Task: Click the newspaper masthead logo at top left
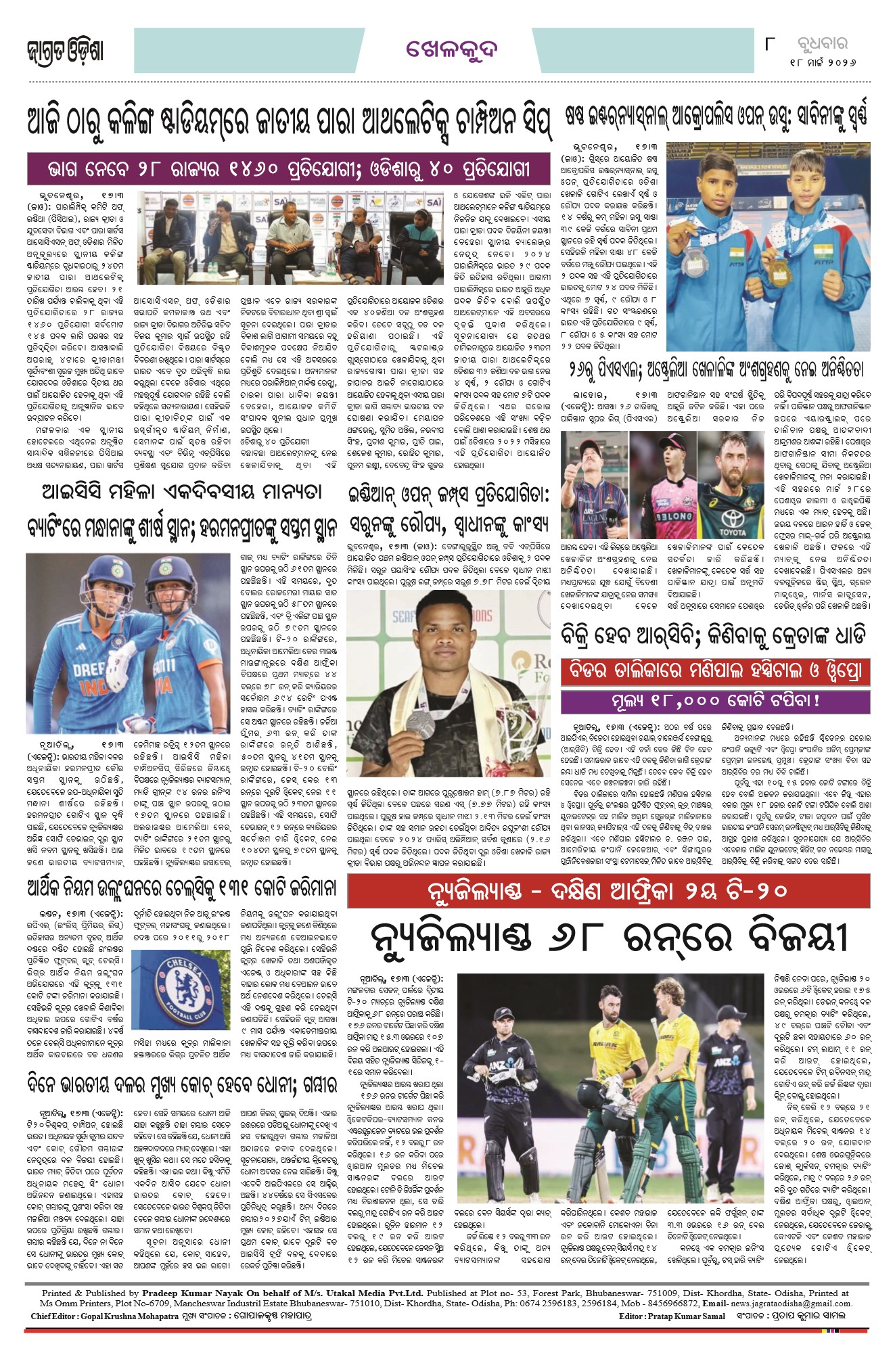[66, 51]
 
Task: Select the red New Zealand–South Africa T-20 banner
[608, 891]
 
